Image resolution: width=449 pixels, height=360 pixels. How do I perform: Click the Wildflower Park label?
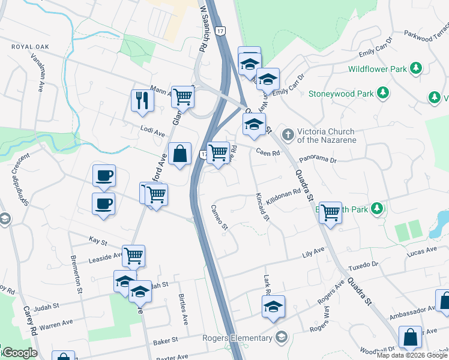click(x=376, y=69)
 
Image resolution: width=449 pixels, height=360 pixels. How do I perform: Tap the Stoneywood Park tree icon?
click(x=382, y=93)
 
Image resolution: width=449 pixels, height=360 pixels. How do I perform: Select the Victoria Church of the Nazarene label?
click(x=327, y=136)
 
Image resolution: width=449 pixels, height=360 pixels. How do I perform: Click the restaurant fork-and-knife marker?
click(x=142, y=100)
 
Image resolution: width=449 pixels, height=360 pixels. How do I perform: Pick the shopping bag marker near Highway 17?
click(x=179, y=154)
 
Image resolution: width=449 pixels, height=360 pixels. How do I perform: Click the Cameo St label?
click(x=219, y=217)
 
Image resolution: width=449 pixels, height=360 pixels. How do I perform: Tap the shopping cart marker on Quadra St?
click(x=330, y=212)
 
